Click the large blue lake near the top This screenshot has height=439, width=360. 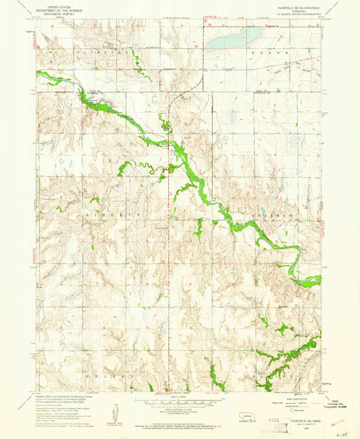[x=232, y=40]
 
